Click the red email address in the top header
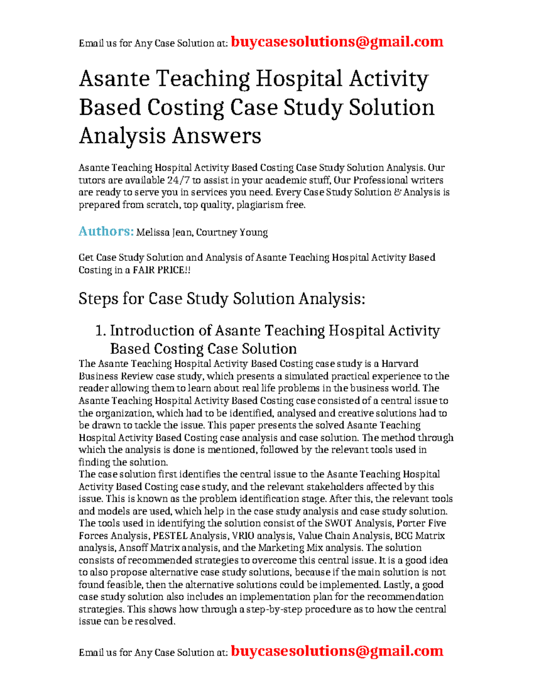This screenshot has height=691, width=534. pos(337,42)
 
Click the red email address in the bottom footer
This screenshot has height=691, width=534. pos(337,651)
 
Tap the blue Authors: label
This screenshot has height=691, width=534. pos(106,231)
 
